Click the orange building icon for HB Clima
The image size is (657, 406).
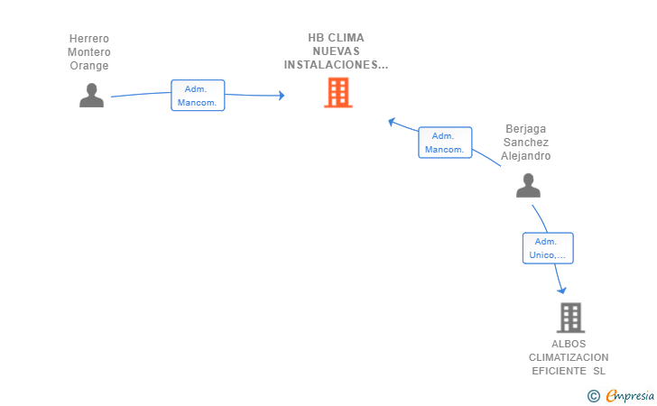pyautogui.click(x=338, y=93)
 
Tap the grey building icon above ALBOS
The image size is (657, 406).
pyautogui.click(x=570, y=318)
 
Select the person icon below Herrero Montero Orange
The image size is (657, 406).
pyautogui.click(x=91, y=96)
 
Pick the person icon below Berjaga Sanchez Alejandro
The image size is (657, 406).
pyautogui.click(x=528, y=185)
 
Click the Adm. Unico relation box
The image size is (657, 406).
pyautogui.click(x=548, y=248)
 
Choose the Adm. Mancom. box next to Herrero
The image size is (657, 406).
pyautogui.click(x=198, y=96)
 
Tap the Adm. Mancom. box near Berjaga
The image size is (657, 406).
pyautogui.click(x=445, y=143)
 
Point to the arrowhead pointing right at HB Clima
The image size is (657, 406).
pyautogui.click(x=282, y=96)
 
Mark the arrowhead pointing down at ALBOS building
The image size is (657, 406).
pyautogui.click(x=561, y=290)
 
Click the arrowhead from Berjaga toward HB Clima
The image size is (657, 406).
pyautogui.click(x=393, y=122)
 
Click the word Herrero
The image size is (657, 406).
pyautogui.click(x=88, y=39)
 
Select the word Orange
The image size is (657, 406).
pyautogui.click(x=88, y=66)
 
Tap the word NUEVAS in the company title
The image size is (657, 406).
pyautogui.click(x=336, y=51)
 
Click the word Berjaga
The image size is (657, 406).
pyautogui.click(x=526, y=129)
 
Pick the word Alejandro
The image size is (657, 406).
pyautogui.click(x=526, y=156)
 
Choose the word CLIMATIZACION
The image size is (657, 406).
pyautogui.click(x=569, y=357)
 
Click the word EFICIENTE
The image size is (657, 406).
pyautogui.click(x=559, y=371)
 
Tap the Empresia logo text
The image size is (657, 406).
pyautogui.click(x=630, y=395)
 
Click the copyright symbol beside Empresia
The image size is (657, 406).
pyautogui.click(x=593, y=396)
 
